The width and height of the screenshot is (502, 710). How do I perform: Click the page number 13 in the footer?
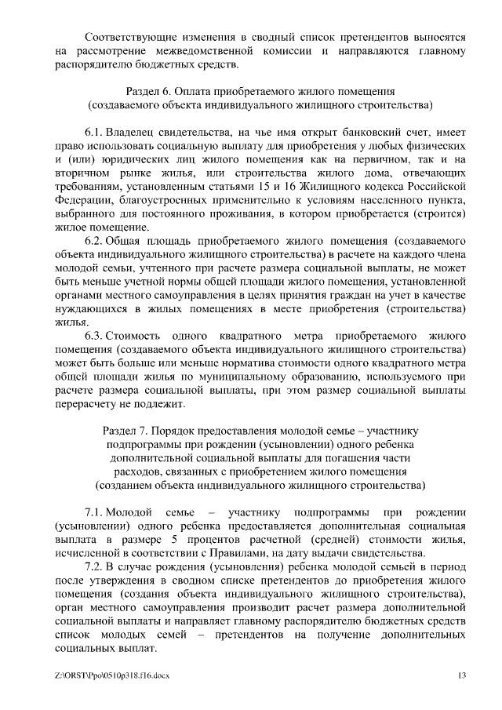coord(463,675)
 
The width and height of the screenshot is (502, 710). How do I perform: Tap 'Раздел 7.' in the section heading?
coord(127,431)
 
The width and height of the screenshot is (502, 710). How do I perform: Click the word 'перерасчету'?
coord(88,404)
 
